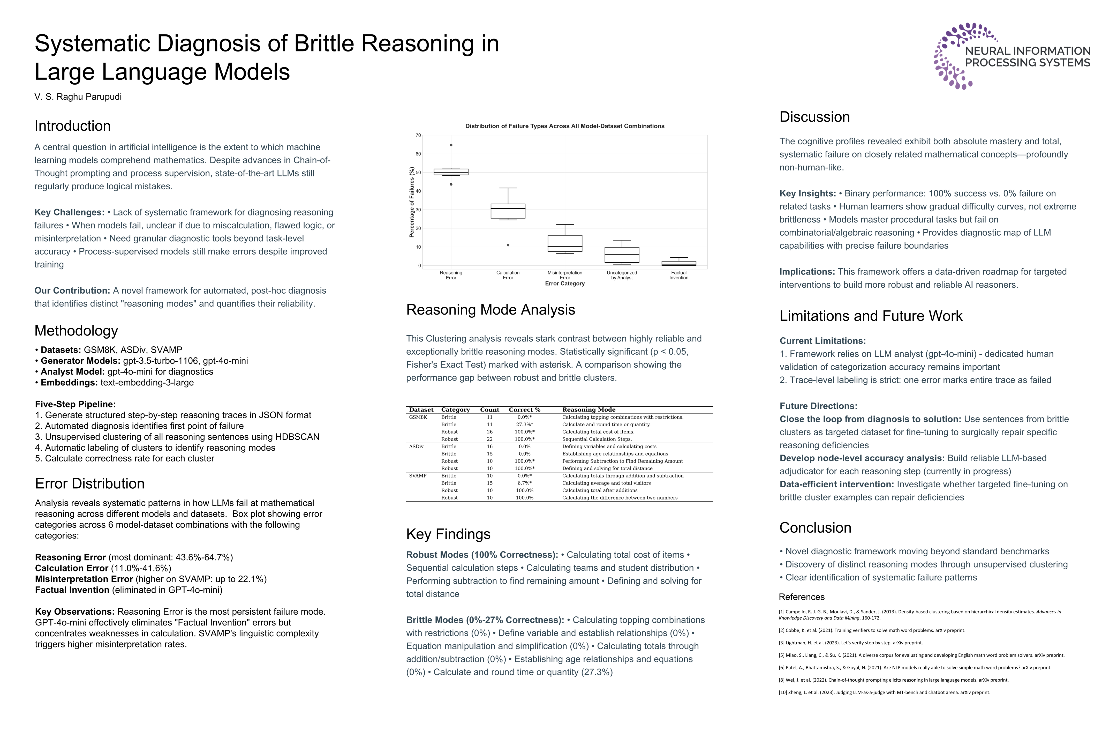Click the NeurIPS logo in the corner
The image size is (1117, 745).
pos(1012,56)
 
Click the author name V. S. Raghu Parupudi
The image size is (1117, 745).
pos(78,97)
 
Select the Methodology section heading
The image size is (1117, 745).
pos(76,331)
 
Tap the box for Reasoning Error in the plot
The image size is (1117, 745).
pos(451,172)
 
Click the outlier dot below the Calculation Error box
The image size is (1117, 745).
pos(508,245)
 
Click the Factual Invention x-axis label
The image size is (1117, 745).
pos(679,275)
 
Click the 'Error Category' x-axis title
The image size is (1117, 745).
pos(565,284)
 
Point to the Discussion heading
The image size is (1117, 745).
pos(814,117)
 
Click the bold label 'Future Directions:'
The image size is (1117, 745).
pos(818,406)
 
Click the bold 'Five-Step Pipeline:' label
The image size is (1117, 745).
pos(75,404)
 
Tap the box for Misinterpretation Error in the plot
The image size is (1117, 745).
pos(565,243)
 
